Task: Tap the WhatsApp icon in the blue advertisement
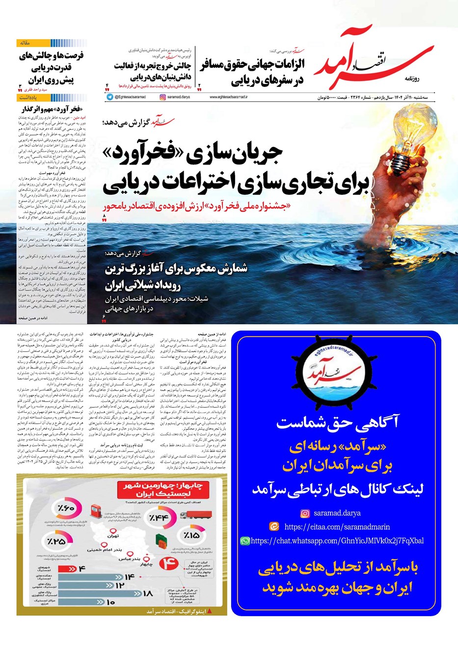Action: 244,541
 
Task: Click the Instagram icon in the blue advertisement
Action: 305,513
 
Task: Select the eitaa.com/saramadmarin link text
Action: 337,527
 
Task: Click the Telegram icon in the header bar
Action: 109,97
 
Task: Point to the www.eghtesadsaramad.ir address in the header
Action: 228,97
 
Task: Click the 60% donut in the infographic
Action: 65,509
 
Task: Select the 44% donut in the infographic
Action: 159,518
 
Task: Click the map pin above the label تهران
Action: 115,531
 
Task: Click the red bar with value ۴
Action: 69,569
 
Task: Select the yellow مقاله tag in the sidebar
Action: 25,43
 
